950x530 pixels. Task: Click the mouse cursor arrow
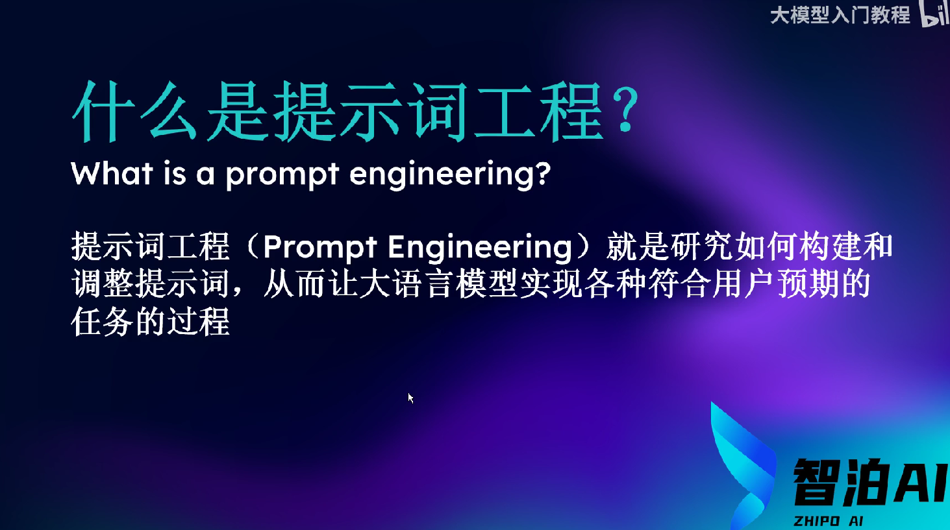click(x=410, y=398)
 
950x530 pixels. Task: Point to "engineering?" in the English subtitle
click(x=450, y=175)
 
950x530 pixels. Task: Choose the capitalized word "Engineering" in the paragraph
click(x=480, y=248)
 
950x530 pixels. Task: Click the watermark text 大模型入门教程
click(x=840, y=16)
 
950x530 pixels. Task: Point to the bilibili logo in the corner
click(x=935, y=14)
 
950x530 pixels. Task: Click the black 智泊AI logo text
click(x=870, y=483)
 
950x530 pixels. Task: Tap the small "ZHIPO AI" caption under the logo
click(x=829, y=521)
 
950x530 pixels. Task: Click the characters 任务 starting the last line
click(x=103, y=322)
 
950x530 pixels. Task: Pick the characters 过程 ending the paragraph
click(x=198, y=322)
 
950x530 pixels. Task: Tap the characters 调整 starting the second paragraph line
click(x=103, y=283)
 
